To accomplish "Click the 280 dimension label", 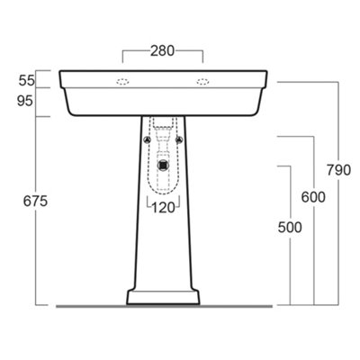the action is [x=162, y=51].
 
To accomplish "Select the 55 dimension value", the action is [x=27, y=81].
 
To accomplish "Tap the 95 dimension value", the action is [x=25, y=101].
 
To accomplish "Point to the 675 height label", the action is [x=35, y=201].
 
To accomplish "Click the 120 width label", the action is [x=163, y=208].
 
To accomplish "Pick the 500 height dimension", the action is [x=290, y=227].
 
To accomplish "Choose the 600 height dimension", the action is [x=313, y=197].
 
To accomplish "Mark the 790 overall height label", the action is [x=338, y=170].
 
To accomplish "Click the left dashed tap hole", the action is [x=122, y=82].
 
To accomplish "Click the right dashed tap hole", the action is [x=203, y=82].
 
